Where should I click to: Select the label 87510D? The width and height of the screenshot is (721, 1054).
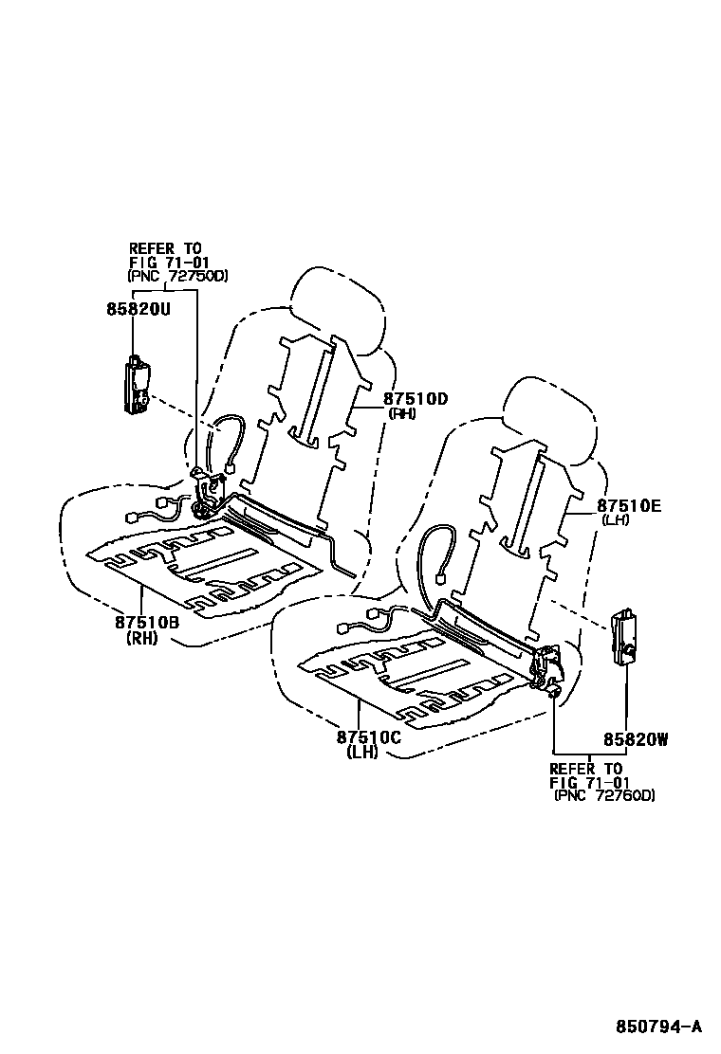coord(415,399)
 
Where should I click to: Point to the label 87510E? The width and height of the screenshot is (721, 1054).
coord(629,506)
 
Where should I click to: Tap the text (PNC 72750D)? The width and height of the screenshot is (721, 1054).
coord(178,276)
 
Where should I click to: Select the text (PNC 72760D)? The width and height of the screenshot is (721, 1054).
coord(604,796)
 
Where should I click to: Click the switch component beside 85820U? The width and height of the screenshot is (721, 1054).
coord(138,384)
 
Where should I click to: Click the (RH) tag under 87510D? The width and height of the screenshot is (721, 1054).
coord(401,413)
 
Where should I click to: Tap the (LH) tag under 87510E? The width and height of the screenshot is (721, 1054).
coord(617,520)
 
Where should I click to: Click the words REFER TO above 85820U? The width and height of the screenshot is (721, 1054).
coord(166,248)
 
